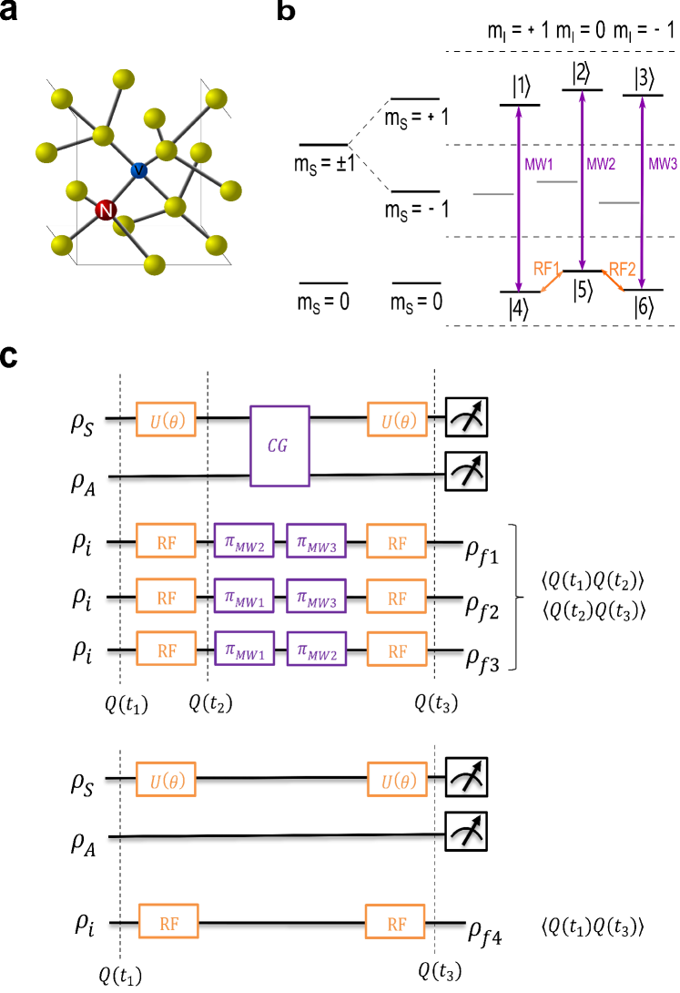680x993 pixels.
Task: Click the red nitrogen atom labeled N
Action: point(107,211)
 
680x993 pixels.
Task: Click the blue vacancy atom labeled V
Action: point(138,170)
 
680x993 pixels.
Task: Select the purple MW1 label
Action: point(539,165)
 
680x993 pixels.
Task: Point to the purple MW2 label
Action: point(601,165)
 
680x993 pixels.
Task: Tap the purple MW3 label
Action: point(662,165)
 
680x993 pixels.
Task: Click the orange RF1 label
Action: point(547,268)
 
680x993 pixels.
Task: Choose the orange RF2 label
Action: point(623,269)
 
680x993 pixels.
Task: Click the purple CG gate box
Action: point(280,446)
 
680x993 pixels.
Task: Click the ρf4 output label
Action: point(488,929)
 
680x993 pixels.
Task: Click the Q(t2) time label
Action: point(209,702)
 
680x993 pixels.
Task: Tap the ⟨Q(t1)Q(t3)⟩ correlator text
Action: point(594,927)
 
